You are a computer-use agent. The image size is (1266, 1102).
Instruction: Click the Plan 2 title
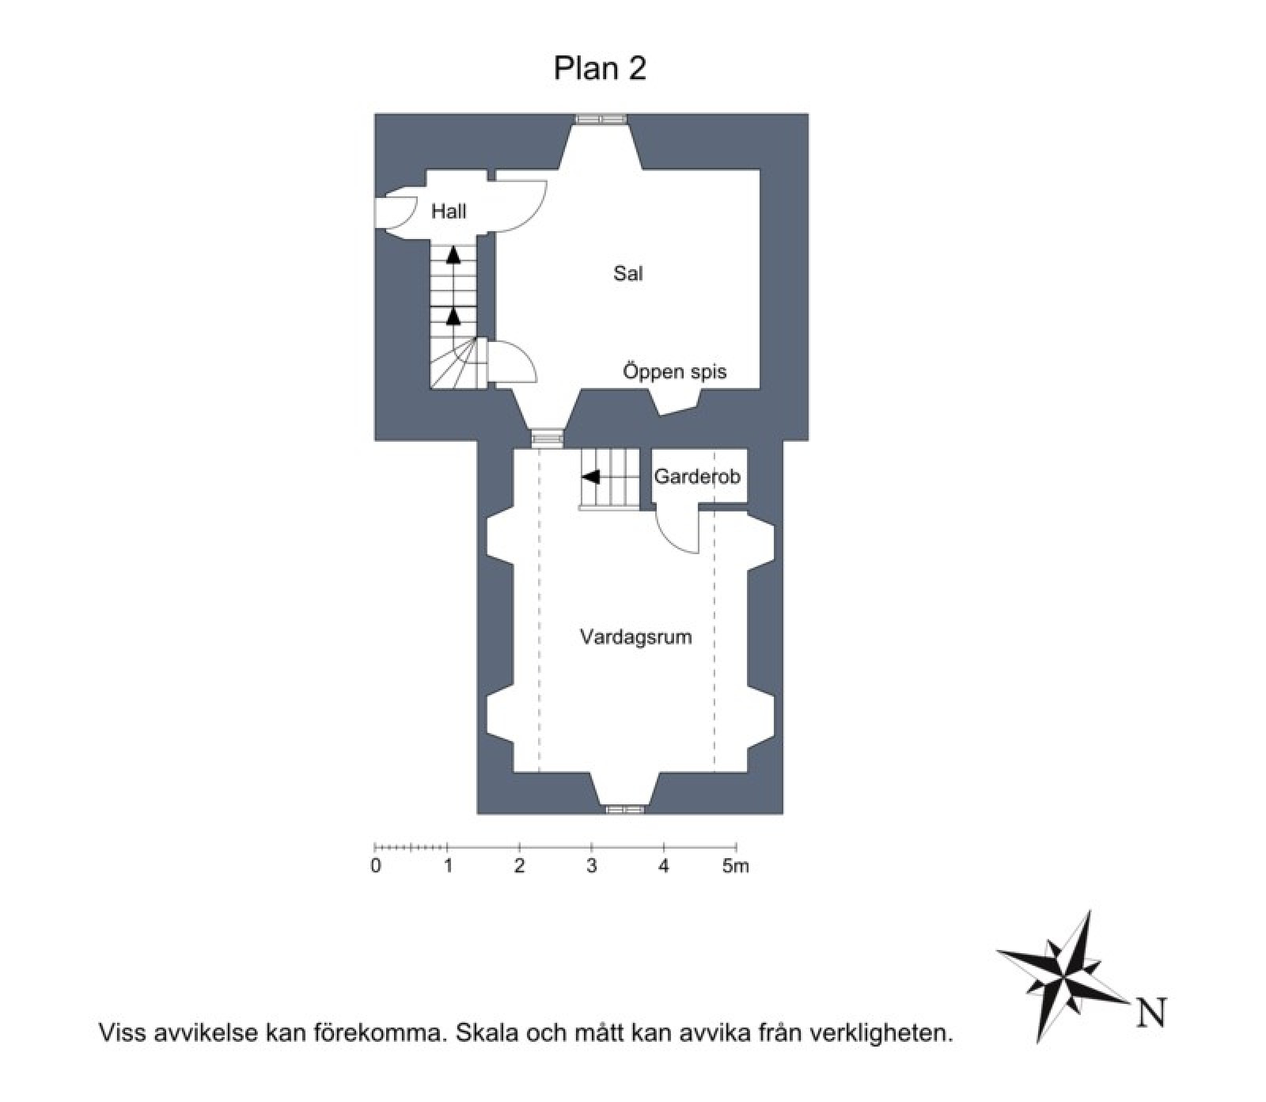pyautogui.click(x=600, y=68)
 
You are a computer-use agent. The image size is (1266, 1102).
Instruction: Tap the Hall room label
pyautogui.click(x=449, y=211)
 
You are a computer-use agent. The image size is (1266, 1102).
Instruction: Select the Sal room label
pyautogui.click(x=627, y=274)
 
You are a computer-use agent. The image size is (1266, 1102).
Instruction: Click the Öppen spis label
pyautogui.click(x=674, y=371)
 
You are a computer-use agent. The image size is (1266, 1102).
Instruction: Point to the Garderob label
pyautogui.click(x=696, y=477)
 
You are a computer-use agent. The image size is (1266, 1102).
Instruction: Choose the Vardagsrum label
pyautogui.click(x=635, y=637)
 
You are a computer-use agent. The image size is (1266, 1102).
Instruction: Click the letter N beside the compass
pyautogui.click(x=1152, y=1013)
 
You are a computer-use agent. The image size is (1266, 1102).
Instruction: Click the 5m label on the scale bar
pyautogui.click(x=735, y=866)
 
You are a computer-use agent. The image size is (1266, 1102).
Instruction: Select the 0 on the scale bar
pyautogui.click(x=376, y=866)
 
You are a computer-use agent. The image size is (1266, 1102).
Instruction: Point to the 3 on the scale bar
pyautogui.click(x=591, y=866)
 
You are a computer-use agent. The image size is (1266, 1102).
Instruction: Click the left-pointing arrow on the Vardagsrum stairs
pyautogui.click(x=590, y=477)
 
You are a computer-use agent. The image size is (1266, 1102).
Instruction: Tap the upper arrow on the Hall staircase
pyautogui.click(x=453, y=255)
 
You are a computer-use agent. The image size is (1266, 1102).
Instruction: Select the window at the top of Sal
pyautogui.click(x=601, y=119)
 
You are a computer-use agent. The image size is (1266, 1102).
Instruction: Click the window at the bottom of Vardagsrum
pyautogui.click(x=625, y=809)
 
